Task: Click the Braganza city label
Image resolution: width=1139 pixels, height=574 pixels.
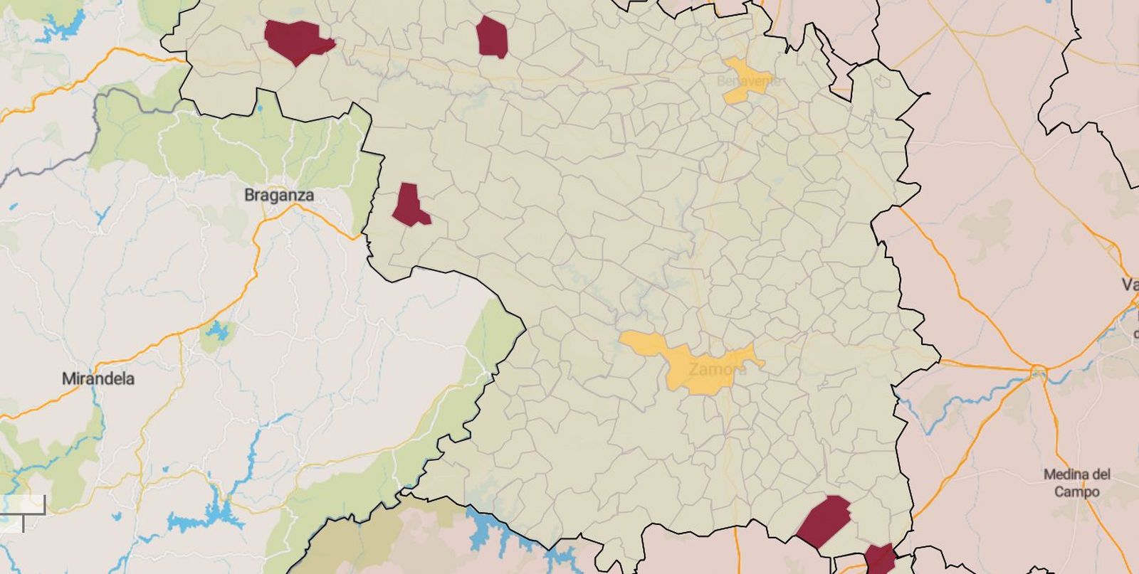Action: click(x=278, y=195)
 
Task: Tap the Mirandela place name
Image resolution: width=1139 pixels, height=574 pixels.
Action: click(x=98, y=378)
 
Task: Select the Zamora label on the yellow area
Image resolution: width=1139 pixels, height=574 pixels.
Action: click(x=718, y=369)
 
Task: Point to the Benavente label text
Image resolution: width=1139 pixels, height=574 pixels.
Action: click(x=748, y=81)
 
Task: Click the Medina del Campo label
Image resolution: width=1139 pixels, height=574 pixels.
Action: click(x=1076, y=482)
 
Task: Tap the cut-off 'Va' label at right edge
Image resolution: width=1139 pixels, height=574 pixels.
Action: click(x=1130, y=285)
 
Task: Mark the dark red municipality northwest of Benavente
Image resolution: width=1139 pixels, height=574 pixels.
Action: click(x=492, y=37)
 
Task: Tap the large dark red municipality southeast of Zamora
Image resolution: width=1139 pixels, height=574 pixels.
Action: click(x=824, y=521)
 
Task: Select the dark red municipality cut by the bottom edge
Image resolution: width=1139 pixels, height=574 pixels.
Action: click(x=880, y=559)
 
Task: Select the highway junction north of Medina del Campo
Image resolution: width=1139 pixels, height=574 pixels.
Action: click(x=1037, y=371)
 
